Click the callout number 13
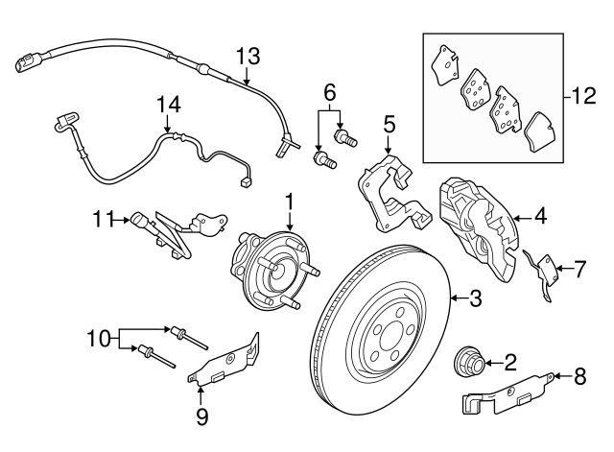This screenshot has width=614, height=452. pos(248,57)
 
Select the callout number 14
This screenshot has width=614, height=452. pos(169,105)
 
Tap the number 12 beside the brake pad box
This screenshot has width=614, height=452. pos(584,96)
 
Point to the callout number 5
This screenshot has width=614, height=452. pos(389,124)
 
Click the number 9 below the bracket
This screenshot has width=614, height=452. pos(202,416)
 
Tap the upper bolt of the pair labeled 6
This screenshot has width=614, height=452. pos(345,137)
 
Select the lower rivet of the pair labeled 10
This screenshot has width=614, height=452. pos(155,356)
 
